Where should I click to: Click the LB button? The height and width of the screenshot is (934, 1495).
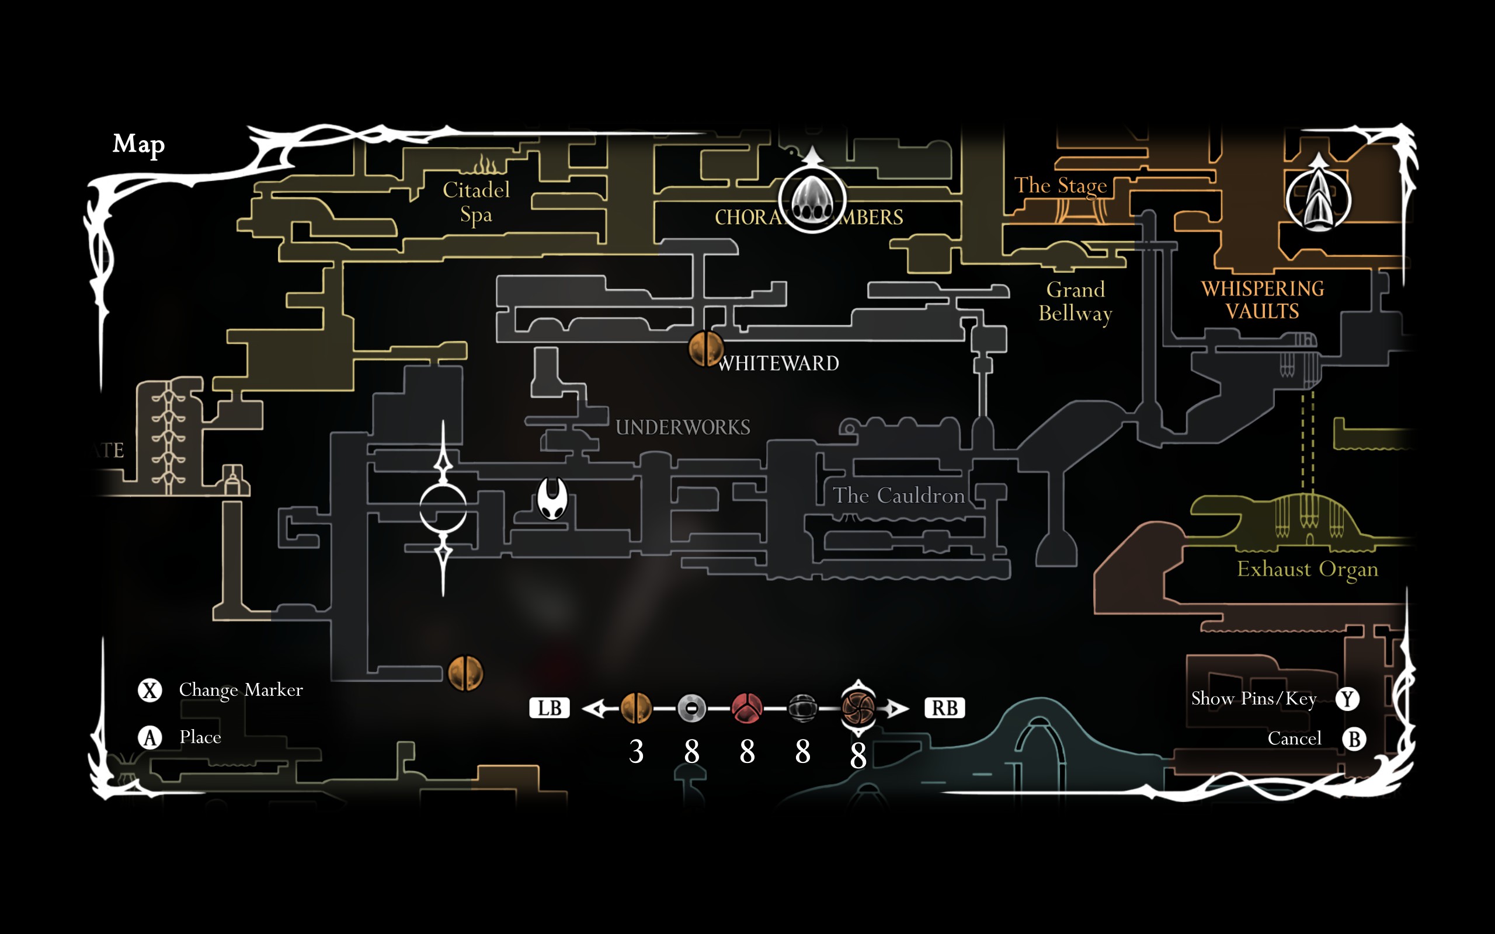(x=548, y=708)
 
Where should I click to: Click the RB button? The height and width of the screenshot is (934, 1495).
(x=944, y=708)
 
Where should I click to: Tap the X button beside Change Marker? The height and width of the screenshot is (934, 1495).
(x=149, y=690)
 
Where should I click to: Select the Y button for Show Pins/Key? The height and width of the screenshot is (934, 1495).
(x=1347, y=699)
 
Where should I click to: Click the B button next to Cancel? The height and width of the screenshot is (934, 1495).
(x=1354, y=739)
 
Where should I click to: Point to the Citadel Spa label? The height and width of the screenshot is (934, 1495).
(x=477, y=202)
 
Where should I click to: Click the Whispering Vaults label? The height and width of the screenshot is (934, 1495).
(x=1262, y=299)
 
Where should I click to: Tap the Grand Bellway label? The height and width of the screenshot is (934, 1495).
(x=1075, y=301)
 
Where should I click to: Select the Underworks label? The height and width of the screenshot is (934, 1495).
(x=683, y=427)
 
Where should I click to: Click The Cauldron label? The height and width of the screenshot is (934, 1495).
(x=898, y=496)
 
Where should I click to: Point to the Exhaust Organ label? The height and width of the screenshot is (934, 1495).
(x=1307, y=569)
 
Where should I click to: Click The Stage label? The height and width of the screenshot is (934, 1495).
(x=1060, y=185)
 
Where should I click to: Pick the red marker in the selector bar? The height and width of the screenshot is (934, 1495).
(x=747, y=708)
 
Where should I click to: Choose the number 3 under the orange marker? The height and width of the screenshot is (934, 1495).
(x=637, y=752)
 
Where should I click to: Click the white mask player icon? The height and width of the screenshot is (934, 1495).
(x=552, y=498)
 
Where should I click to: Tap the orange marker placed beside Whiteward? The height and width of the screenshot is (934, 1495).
(x=705, y=348)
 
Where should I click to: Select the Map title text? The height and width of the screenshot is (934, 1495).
(x=138, y=144)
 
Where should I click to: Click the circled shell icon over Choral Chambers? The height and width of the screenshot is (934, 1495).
(x=812, y=199)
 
